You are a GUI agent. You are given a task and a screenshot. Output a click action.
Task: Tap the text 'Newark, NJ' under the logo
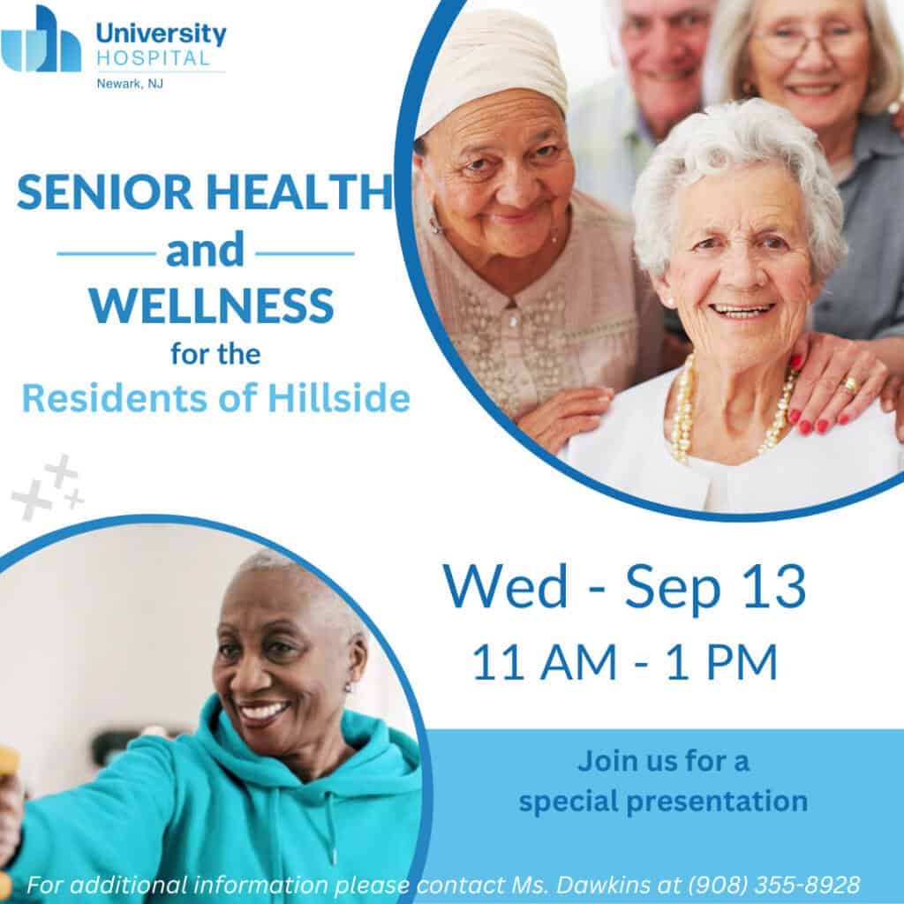click(x=130, y=84)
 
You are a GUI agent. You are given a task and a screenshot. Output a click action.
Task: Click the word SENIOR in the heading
click(x=105, y=192)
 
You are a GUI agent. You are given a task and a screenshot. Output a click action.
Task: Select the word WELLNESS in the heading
click(x=212, y=305)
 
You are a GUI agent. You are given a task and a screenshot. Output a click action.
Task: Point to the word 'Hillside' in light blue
click(x=339, y=398)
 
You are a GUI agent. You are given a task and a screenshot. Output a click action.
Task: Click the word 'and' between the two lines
click(x=205, y=250)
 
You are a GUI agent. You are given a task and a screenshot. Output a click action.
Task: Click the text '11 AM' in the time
click(x=545, y=663)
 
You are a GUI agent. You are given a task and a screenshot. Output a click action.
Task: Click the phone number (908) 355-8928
click(x=773, y=885)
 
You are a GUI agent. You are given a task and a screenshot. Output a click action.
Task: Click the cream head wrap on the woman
click(x=493, y=67)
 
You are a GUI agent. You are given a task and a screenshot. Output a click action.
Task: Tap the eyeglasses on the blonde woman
click(x=812, y=41)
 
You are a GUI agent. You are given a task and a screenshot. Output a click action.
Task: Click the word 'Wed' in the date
click(x=506, y=586)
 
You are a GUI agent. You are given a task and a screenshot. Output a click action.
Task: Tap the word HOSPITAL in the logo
click(x=154, y=59)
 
